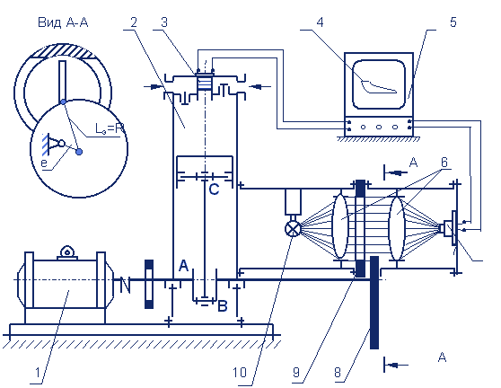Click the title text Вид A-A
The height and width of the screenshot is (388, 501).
[63, 22]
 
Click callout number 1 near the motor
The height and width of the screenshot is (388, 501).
[38, 373]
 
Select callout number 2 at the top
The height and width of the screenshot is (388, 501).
[134, 22]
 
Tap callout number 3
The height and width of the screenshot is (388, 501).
[164, 22]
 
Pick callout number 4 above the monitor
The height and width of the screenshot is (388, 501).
[320, 22]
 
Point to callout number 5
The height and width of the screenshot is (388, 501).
[453, 22]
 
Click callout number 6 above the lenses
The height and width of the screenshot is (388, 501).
[444, 163]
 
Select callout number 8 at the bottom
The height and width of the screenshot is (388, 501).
[338, 373]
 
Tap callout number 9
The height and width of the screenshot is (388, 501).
[296, 373]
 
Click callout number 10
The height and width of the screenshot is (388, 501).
[240, 373]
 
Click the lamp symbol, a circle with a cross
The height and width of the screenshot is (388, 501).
[293, 229]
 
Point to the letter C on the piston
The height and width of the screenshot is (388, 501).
[214, 190]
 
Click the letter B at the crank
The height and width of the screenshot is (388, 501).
[223, 306]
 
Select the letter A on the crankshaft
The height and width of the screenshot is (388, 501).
[183, 266]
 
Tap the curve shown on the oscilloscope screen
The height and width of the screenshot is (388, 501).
[379, 86]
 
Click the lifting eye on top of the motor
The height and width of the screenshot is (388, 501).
[67, 251]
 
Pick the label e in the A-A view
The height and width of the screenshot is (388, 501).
[44, 163]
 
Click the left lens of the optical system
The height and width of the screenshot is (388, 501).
[339, 226]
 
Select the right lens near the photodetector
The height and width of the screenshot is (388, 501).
[397, 228]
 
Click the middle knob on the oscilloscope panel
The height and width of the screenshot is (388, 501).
[379, 127]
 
